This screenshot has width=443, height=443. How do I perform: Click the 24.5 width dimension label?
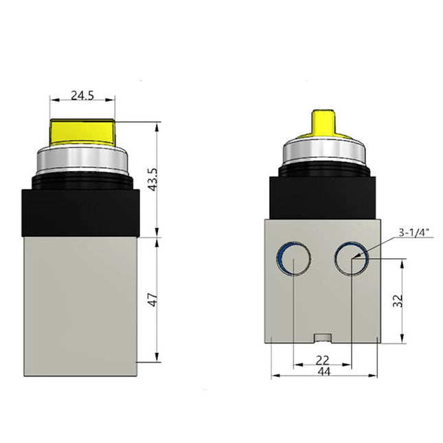point(82,95)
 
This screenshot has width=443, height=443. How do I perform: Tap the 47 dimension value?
point(153,300)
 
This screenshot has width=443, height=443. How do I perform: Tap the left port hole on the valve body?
point(293,260)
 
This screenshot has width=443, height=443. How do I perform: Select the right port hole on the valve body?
point(351,260)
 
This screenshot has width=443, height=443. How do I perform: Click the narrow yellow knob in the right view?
point(322,122)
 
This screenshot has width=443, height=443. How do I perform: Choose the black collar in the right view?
point(322,196)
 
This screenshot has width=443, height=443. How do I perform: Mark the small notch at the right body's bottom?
point(322,338)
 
